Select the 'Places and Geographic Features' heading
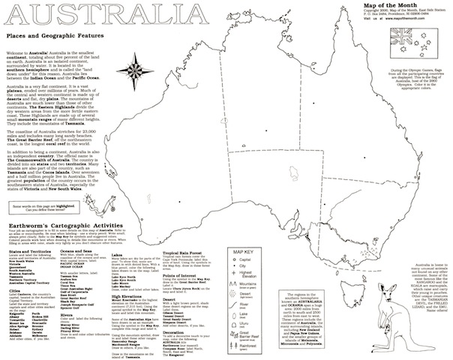(52, 36)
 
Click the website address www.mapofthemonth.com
(416, 20)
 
